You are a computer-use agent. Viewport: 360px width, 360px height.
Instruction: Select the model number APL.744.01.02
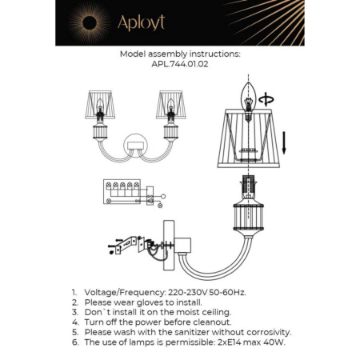179,65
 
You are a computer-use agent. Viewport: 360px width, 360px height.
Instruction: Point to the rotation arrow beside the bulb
268,100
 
